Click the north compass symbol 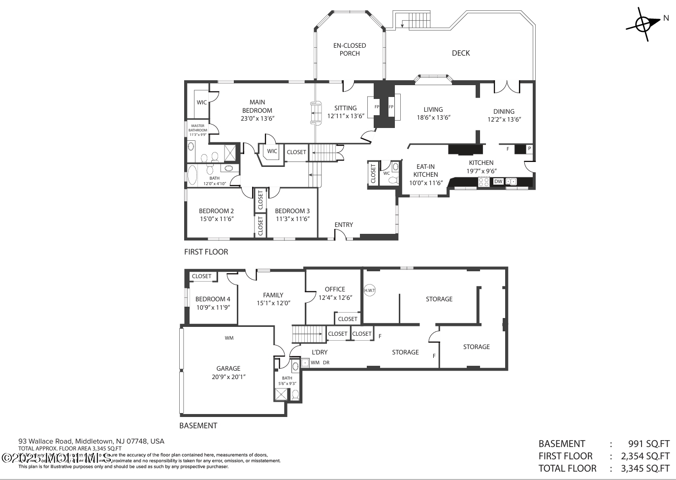click(x=644, y=23)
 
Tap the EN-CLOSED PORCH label click(x=350, y=49)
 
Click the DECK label click(x=461, y=53)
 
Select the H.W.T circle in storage click(x=369, y=290)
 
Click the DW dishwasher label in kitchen click(x=498, y=182)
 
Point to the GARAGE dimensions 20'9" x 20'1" click(x=228, y=377)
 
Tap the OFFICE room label click(x=335, y=289)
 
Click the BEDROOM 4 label click(x=213, y=299)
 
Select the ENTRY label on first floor click(x=344, y=224)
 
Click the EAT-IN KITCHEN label click(x=425, y=170)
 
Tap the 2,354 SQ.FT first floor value click(x=645, y=456)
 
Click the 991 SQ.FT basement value click(x=648, y=444)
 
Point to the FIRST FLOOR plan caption click(x=206, y=252)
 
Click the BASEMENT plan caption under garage click(x=198, y=425)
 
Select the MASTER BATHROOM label click(x=198, y=128)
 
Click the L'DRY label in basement click(x=320, y=352)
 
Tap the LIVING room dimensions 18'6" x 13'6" click(x=433, y=118)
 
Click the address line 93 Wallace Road click(x=91, y=441)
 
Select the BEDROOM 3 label click(x=292, y=211)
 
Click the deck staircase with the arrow click(x=414, y=21)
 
